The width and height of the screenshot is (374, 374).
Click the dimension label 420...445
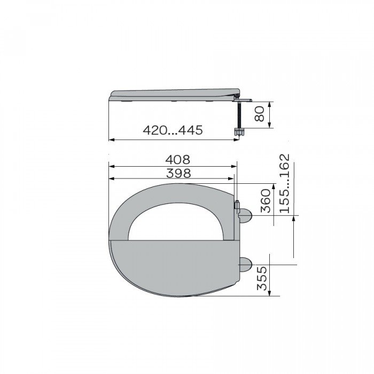click(173, 130)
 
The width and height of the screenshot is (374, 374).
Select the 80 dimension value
click(259, 114)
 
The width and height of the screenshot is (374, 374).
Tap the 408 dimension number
click(178, 160)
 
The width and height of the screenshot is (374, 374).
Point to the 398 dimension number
click(178, 174)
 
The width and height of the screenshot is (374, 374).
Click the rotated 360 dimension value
click(266, 200)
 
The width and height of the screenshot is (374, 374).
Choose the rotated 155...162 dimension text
click(285, 183)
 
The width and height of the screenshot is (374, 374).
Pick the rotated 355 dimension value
click(262, 278)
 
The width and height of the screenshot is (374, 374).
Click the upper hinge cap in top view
click(245, 216)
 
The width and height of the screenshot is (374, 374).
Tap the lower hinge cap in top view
click(245, 265)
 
